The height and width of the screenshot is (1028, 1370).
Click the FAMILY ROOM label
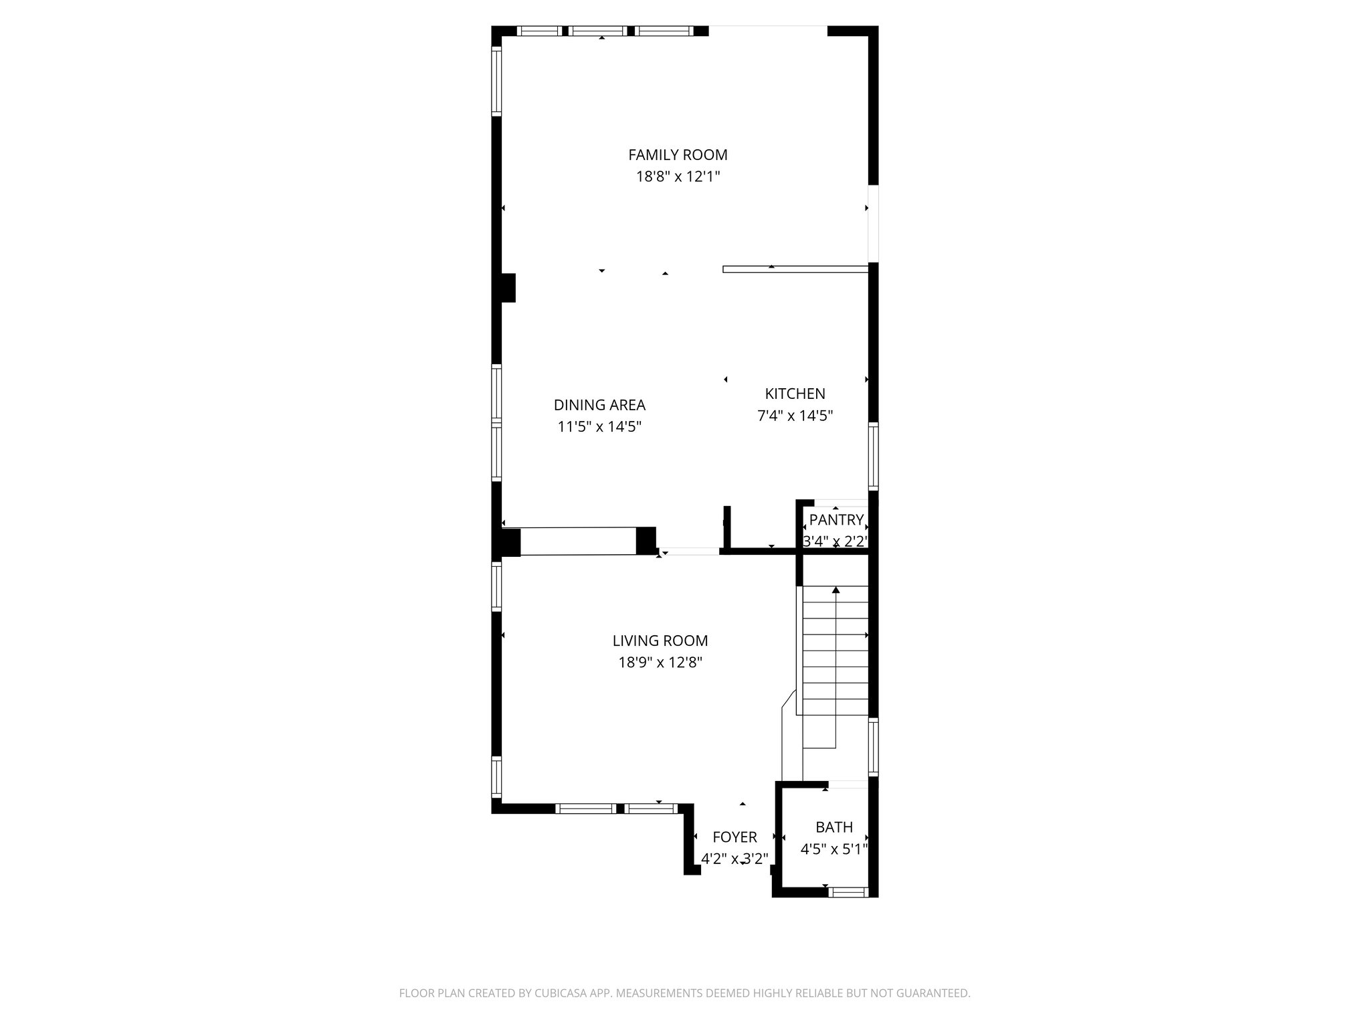pos(678,155)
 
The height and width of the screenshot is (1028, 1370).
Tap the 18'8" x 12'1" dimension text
pos(678,177)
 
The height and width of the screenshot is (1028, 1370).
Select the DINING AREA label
pos(599,405)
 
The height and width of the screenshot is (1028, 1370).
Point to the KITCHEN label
pos(795,394)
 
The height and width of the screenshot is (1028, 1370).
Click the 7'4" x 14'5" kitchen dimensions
pos(795,416)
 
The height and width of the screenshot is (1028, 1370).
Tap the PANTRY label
pos(836,520)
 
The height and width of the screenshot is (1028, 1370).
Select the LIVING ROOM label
pos(660,640)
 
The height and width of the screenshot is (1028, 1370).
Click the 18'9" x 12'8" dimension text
pos(660,663)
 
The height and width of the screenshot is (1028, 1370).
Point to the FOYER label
pos(735,837)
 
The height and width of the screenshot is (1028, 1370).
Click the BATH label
pos(834,827)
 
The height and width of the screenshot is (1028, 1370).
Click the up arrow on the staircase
pos(836,590)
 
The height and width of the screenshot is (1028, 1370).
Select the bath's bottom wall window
pos(848,891)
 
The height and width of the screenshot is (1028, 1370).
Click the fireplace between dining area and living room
pos(578,541)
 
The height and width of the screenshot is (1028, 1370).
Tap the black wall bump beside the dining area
pos(508,288)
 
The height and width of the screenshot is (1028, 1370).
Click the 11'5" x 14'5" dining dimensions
pos(599,427)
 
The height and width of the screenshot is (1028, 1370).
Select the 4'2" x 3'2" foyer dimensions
pos(735,859)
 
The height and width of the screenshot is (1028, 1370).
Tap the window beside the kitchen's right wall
pos(873,456)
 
